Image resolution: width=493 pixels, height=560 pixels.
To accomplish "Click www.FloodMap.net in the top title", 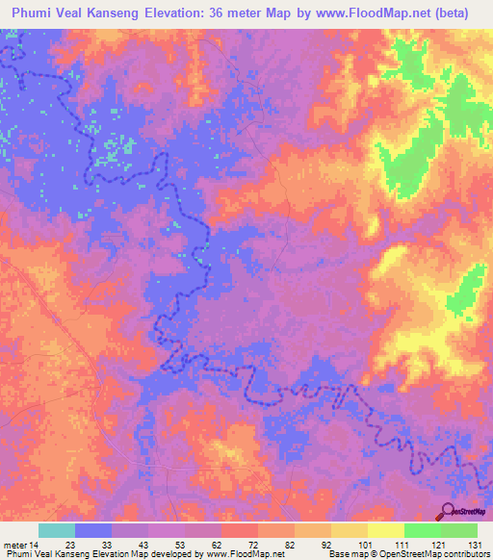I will point(382,13).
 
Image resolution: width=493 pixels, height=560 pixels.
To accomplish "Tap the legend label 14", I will point(37,544).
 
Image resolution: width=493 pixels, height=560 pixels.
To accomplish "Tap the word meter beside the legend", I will point(14,544).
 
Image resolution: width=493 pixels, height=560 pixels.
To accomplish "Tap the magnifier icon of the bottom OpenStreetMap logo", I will point(447,512).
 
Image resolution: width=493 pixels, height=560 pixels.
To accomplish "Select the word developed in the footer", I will point(181,554).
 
